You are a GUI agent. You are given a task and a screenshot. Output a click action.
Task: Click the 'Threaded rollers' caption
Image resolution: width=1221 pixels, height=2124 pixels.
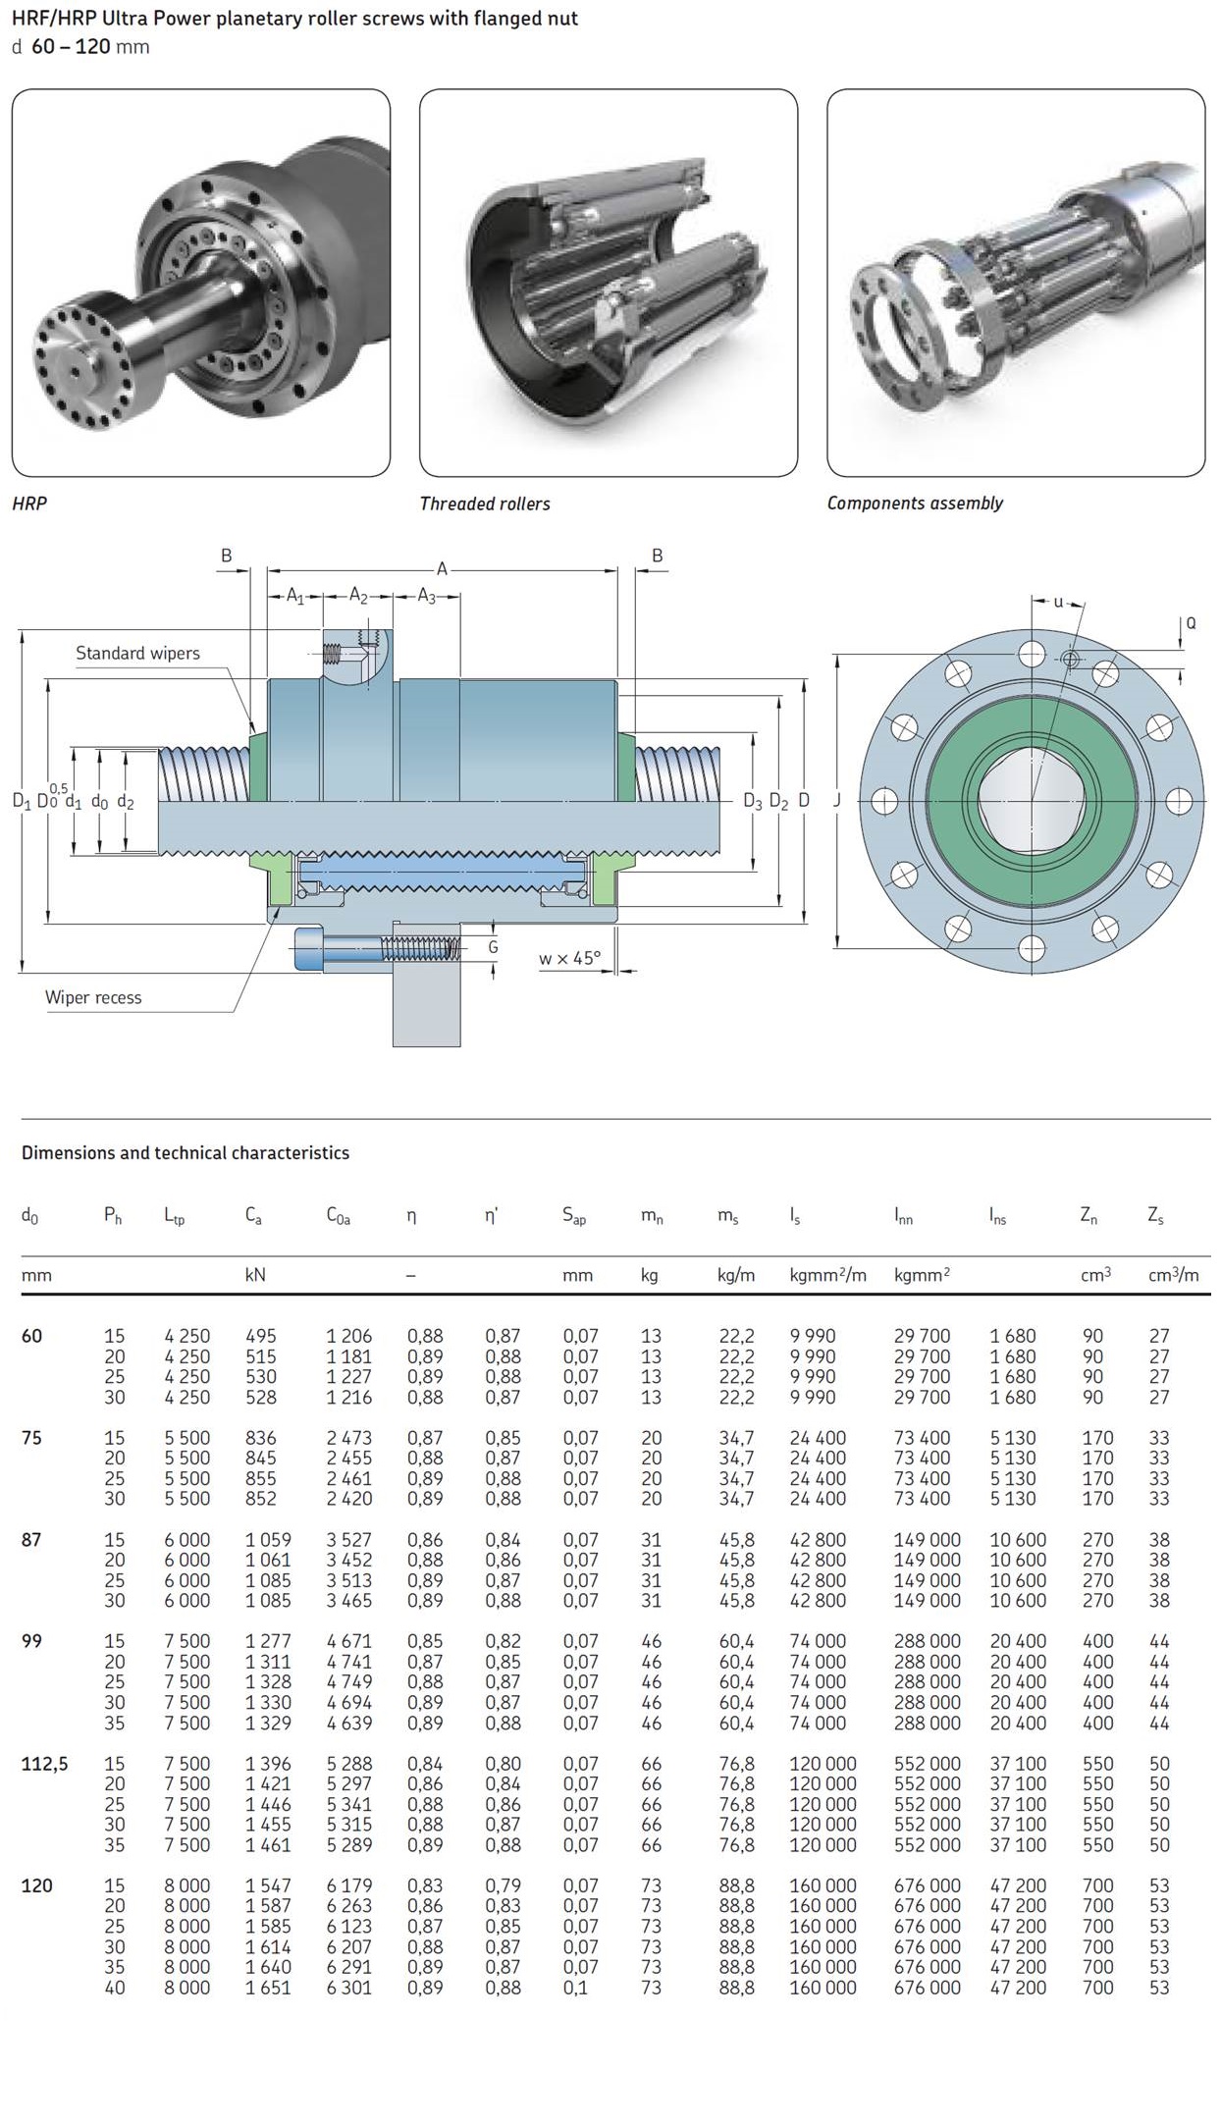tap(485, 504)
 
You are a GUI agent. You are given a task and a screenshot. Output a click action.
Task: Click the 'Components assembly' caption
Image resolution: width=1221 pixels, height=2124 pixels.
tap(915, 503)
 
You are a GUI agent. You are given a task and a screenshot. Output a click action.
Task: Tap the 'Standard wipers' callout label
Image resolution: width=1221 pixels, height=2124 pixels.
tap(137, 653)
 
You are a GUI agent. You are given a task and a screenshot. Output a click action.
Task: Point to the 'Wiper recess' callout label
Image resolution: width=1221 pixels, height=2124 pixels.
tap(93, 997)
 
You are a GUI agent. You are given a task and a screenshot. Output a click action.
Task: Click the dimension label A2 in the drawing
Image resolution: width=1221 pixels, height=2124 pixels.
tap(359, 596)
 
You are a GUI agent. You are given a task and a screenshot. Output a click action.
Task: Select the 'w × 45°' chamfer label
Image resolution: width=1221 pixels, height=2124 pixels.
tap(569, 958)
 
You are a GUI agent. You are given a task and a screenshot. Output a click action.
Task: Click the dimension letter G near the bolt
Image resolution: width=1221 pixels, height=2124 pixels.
tap(493, 947)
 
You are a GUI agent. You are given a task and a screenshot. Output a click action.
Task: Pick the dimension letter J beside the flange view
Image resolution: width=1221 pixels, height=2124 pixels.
tap(837, 800)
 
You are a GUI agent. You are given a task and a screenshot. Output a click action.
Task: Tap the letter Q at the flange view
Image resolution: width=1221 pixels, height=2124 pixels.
tap(1191, 623)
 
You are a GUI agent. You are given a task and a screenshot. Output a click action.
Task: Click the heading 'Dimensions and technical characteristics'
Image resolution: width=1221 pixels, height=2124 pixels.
tap(186, 1152)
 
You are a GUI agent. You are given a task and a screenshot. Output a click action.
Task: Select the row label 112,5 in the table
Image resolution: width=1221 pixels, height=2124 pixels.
tap(45, 1764)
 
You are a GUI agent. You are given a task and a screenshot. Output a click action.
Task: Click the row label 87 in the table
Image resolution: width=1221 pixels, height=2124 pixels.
tap(31, 1540)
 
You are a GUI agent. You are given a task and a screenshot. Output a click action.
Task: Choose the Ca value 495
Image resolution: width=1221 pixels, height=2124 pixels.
tap(261, 1336)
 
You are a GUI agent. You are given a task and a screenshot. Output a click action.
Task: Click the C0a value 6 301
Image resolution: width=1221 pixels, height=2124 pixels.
tap(349, 1988)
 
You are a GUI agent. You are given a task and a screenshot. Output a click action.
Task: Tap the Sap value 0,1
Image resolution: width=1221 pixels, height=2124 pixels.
tap(575, 1988)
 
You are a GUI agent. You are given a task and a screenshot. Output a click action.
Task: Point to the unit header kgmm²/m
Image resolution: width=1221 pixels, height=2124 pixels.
tap(827, 1275)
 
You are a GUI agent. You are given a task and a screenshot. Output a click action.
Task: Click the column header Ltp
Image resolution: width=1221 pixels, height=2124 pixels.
tap(174, 1216)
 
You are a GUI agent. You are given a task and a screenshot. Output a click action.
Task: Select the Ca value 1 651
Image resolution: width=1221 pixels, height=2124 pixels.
tap(268, 1988)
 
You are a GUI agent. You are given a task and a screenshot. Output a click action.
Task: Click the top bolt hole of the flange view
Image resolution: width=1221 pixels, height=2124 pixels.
tap(1033, 654)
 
